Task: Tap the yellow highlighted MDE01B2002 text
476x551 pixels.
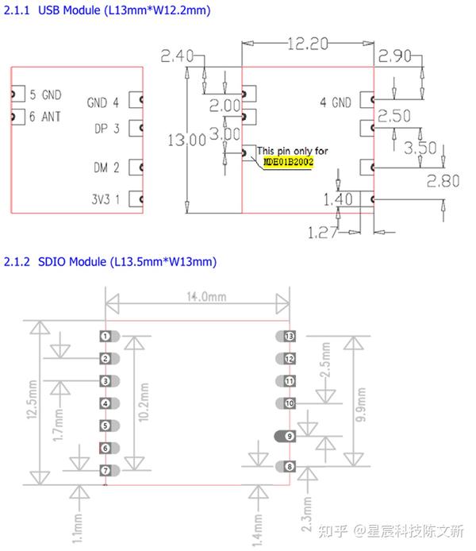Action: coord(289,161)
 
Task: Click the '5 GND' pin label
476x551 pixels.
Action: coord(44,94)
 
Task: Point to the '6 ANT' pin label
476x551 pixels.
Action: coord(44,116)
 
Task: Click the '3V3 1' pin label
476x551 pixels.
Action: coord(103,198)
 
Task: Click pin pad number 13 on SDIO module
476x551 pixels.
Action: coord(289,337)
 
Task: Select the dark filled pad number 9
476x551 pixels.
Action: coord(289,436)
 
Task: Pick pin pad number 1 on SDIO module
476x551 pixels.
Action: coord(105,337)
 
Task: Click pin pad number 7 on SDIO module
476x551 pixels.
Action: coord(105,471)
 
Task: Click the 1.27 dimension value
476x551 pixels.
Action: coord(324,233)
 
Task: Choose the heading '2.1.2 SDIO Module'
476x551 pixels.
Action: coord(109,262)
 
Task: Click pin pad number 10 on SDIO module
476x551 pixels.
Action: coord(289,403)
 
